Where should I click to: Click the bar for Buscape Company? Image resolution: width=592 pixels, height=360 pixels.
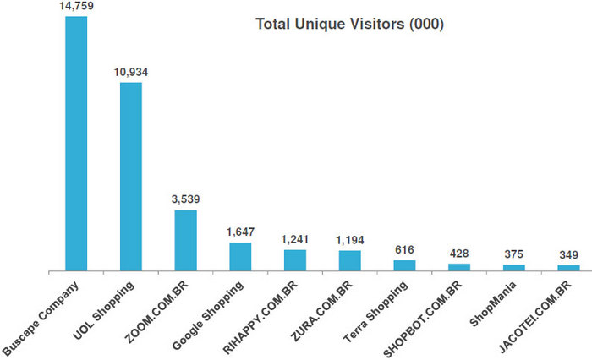tap(76, 144)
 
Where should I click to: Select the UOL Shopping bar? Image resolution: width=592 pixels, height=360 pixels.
tap(130, 177)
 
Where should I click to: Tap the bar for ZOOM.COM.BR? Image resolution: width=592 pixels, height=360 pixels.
tap(185, 240)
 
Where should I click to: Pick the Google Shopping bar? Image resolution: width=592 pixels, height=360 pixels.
tap(240, 257)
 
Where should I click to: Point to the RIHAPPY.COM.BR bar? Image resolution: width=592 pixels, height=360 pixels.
tap(294, 260)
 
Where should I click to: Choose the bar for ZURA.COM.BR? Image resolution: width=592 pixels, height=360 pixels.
tap(349, 261)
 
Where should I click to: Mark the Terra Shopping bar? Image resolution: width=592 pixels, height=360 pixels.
tap(404, 266)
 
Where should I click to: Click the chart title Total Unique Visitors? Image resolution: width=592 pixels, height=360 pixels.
tap(350, 25)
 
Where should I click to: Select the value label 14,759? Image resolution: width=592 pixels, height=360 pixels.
tap(77, 7)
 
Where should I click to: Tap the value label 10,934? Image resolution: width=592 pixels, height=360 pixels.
tap(131, 72)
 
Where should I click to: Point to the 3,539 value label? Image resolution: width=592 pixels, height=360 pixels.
tap(186, 199)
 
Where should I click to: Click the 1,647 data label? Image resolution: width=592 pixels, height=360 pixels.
tap(240, 232)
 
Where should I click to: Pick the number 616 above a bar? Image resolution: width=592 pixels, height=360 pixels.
tap(404, 250)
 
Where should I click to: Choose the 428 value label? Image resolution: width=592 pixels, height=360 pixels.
tap(459, 254)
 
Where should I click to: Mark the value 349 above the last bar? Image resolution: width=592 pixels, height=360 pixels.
tap(568, 255)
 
